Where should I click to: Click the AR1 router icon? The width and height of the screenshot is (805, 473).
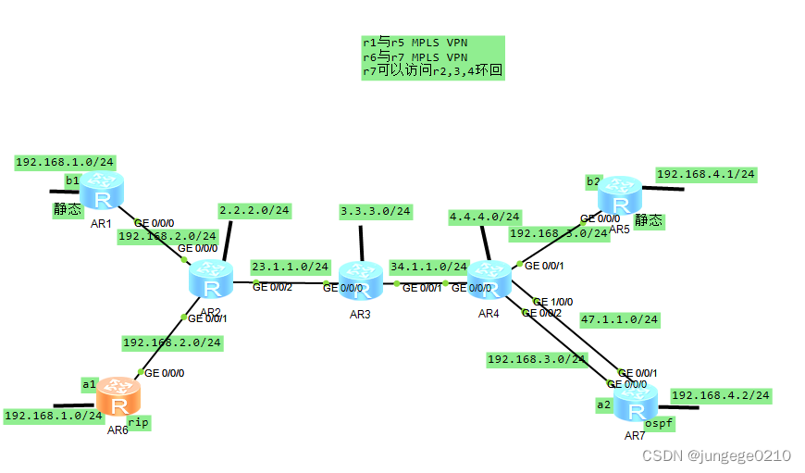coord(99,192)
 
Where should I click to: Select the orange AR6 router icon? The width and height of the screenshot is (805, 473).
coord(118,396)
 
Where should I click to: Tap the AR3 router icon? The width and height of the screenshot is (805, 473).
coord(360,280)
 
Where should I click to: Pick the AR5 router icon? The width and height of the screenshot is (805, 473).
coord(619,195)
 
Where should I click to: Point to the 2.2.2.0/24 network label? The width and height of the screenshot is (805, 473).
coord(254,211)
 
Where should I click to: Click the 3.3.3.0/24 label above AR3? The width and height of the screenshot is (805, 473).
coord(376,211)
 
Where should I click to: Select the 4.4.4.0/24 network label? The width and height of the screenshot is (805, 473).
coord(485,217)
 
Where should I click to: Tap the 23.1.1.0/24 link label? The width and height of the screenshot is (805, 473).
coord(290,267)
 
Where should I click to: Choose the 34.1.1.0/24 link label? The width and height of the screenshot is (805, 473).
coord(428,266)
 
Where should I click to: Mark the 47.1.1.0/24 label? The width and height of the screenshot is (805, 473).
coord(619,319)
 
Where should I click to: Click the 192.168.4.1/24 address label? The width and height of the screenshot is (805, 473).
coord(706,174)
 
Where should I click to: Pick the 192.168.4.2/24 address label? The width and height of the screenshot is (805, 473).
coord(721,395)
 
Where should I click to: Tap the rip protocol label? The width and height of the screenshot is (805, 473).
coord(139,422)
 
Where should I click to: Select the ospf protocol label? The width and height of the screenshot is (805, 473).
coord(659,423)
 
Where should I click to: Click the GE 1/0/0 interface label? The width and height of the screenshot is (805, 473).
coord(553,302)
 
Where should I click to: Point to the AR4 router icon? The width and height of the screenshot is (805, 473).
coord(489,280)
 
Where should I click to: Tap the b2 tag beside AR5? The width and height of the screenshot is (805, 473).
coord(593,180)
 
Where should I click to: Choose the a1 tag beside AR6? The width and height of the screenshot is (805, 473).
coord(89,383)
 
